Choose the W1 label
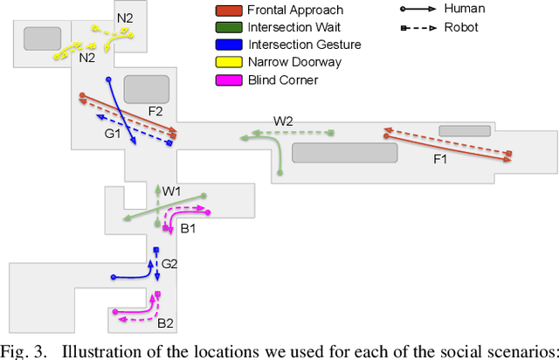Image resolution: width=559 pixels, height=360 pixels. pyautogui.click(x=171, y=190)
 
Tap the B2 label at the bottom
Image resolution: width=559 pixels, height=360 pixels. pyautogui.click(x=165, y=323)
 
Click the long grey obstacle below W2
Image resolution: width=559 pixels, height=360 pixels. pyautogui.click(x=344, y=152)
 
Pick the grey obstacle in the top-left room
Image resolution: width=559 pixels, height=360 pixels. pyautogui.click(x=42, y=38)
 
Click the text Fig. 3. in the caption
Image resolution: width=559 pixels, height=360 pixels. pyautogui.click(x=21, y=351)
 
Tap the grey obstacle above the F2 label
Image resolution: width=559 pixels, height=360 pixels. pyautogui.click(x=147, y=88)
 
